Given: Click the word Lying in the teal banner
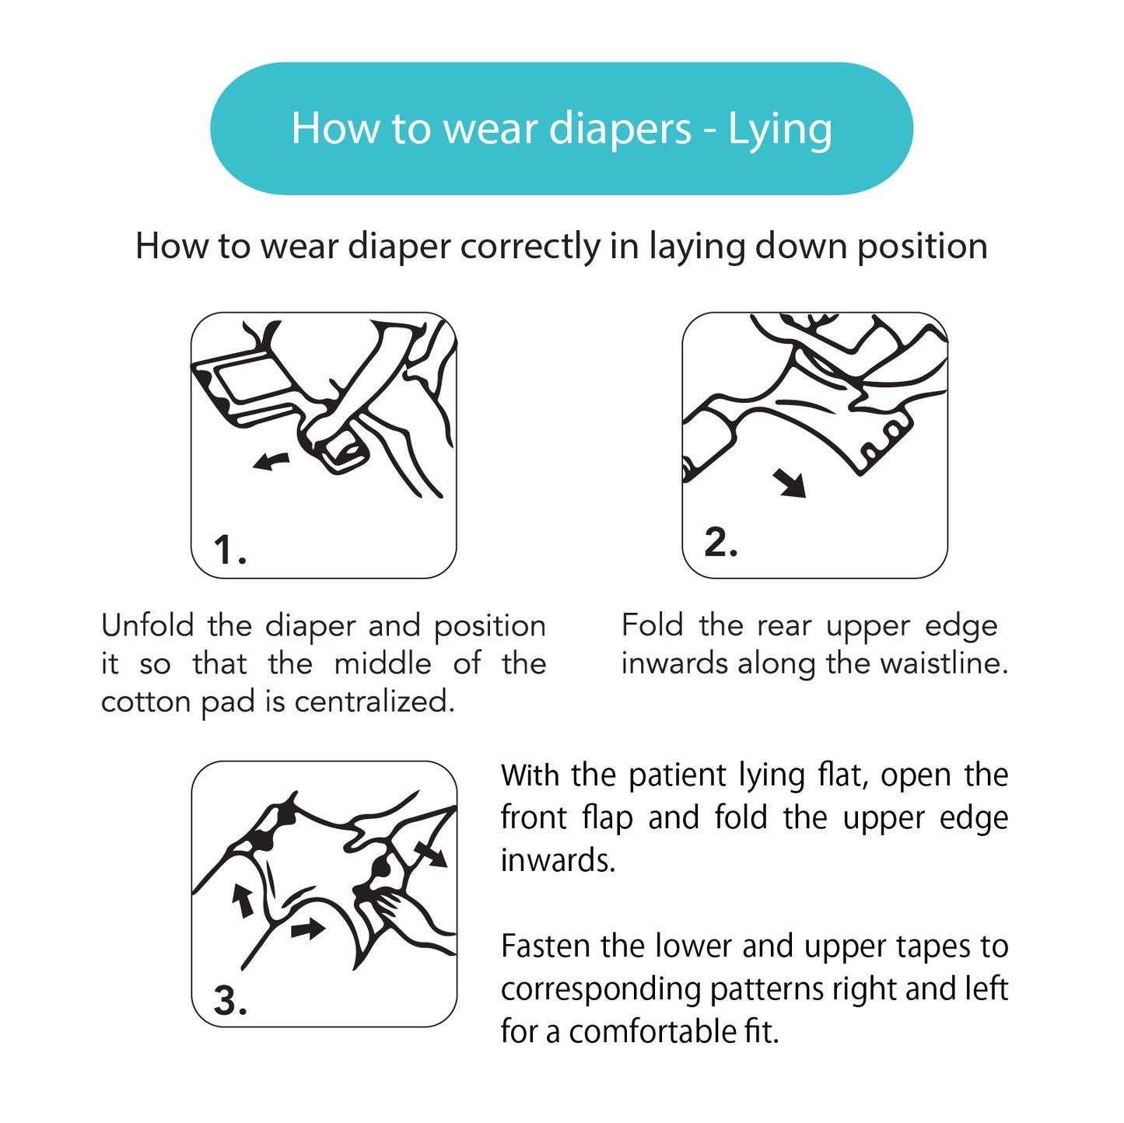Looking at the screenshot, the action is [780, 130].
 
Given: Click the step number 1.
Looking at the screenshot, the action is [229, 550].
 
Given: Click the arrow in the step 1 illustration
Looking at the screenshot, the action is [271, 461].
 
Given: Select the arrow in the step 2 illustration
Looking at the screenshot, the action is [790, 484].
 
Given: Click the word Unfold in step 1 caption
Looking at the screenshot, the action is [147, 625].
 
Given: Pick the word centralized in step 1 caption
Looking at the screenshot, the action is [374, 701].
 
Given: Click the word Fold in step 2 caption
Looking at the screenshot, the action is [652, 625].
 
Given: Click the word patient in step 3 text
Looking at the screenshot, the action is [677, 776].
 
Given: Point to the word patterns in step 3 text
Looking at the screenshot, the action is [767, 990].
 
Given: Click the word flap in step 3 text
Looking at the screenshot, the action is [608, 818].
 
